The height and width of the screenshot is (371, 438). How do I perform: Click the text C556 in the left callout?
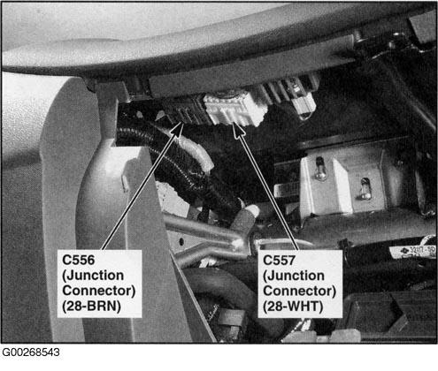tap(79, 260)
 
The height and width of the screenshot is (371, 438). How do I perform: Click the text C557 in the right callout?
tap(279, 260)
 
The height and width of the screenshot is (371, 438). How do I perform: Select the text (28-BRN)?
tap(92, 307)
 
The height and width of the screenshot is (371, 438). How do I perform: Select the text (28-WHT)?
tap(293, 307)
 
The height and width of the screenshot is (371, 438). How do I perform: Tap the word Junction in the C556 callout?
tap(93, 276)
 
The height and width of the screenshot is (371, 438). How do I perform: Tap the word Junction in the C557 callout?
tap(294, 276)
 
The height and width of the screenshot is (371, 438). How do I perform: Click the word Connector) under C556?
tap(99, 291)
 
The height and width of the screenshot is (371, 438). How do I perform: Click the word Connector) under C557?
tap(300, 291)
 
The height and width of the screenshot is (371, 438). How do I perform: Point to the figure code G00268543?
tap(31, 352)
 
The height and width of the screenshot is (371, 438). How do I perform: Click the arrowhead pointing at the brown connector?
tap(179, 129)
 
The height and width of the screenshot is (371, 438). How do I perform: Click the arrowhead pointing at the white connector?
tap(238, 130)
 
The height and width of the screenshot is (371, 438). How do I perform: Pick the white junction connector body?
tap(234, 109)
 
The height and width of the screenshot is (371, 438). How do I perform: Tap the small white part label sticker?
tap(413, 252)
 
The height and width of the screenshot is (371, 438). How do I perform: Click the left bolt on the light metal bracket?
tap(319, 169)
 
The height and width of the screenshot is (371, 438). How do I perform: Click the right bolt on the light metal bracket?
tap(365, 189)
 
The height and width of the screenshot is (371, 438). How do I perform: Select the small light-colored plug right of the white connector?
tap(304, 107)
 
